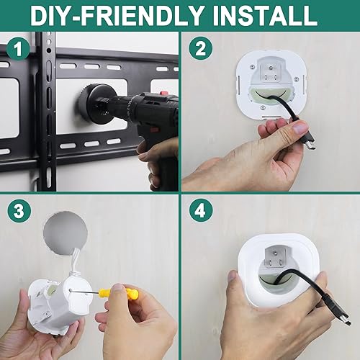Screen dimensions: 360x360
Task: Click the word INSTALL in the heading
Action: (x=260, y=16)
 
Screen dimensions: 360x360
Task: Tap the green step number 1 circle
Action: (x=20, y=50)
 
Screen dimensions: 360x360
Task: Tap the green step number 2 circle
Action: (x=201, y=50)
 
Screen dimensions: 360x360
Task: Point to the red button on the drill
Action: (x=165, y=94)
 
